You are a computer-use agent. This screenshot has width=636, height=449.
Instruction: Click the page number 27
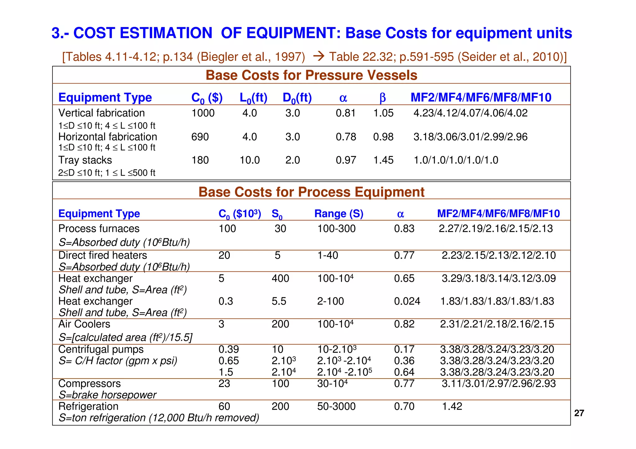[579, 413]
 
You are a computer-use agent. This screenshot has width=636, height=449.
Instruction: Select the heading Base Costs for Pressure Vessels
[311, 75]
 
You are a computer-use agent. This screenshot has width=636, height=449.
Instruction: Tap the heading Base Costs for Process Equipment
[311, 192]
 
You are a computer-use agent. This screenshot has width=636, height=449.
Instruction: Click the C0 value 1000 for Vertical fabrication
[203, 113]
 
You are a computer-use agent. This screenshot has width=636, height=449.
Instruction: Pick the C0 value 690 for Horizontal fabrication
[200, 137]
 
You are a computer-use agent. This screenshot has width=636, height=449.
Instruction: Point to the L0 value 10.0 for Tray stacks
[250, 160]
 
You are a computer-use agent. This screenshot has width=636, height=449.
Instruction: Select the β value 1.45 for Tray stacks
[383, 160]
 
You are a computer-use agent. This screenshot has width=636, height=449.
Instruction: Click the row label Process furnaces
[99, 229]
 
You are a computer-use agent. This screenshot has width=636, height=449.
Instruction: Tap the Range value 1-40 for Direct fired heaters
[328, 255]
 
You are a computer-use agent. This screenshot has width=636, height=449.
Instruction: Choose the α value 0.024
[407, 301]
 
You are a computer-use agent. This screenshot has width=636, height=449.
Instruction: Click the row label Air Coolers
[84, 324]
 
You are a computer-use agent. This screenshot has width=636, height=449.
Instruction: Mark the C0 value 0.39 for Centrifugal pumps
[229, 349]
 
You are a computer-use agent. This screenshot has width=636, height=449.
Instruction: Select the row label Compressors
[89, 384]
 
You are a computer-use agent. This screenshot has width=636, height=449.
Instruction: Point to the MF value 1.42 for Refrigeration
[452, 406]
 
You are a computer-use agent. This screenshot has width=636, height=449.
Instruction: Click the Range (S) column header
[339, 214]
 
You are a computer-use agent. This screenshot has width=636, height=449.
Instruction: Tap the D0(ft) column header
[297, 98]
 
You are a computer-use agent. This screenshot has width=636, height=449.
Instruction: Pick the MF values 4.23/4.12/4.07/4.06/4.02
[470, 113]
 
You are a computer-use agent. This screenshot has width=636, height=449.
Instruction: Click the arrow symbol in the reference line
[319, 56]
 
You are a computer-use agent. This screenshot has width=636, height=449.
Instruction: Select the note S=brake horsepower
[107, 395]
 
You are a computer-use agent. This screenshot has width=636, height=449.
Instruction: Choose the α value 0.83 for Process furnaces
[404, 229]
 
